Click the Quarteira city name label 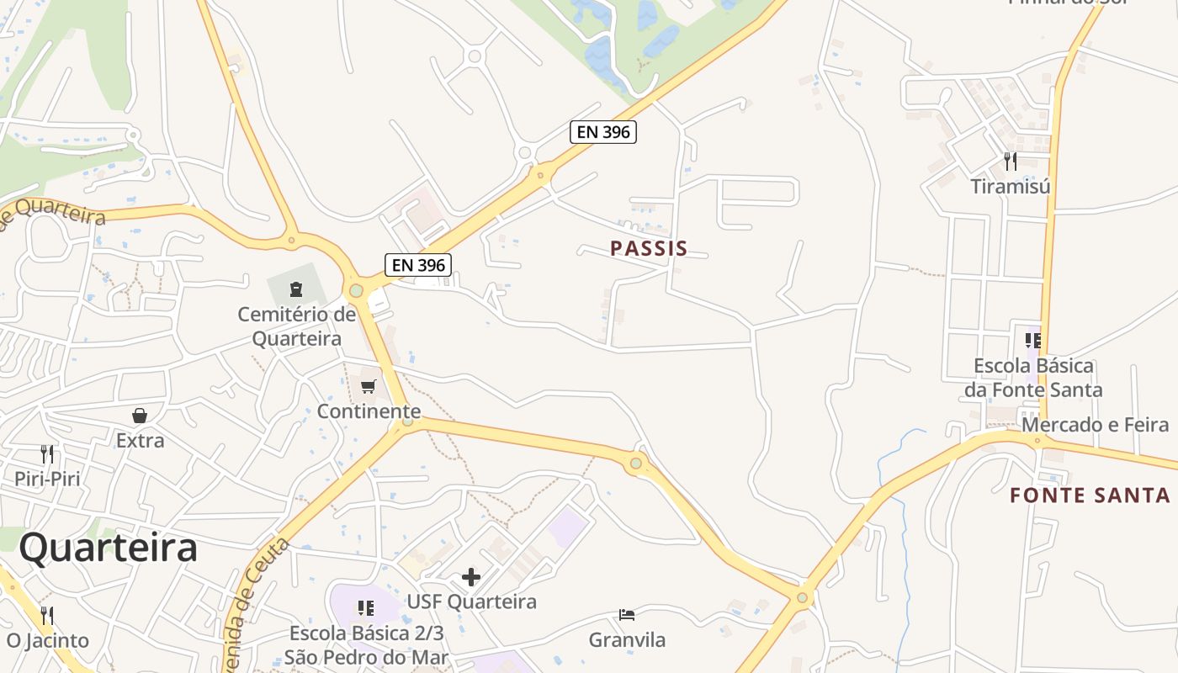109,548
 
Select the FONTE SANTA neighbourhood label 1090,495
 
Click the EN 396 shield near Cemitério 419,264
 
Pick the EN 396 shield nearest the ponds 603,132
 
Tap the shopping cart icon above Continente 368,386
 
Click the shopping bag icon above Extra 140,416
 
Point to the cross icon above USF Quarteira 471,577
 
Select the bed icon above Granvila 626,615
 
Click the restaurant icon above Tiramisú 1011,160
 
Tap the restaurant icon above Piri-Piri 47,454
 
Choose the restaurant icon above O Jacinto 47,616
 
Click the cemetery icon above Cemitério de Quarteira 296,290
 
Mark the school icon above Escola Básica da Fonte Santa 1032,341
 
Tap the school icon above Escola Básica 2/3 365,607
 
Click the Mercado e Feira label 1096,425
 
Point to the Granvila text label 627,640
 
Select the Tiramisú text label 1011,186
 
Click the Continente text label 369,411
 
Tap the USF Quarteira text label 471,601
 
